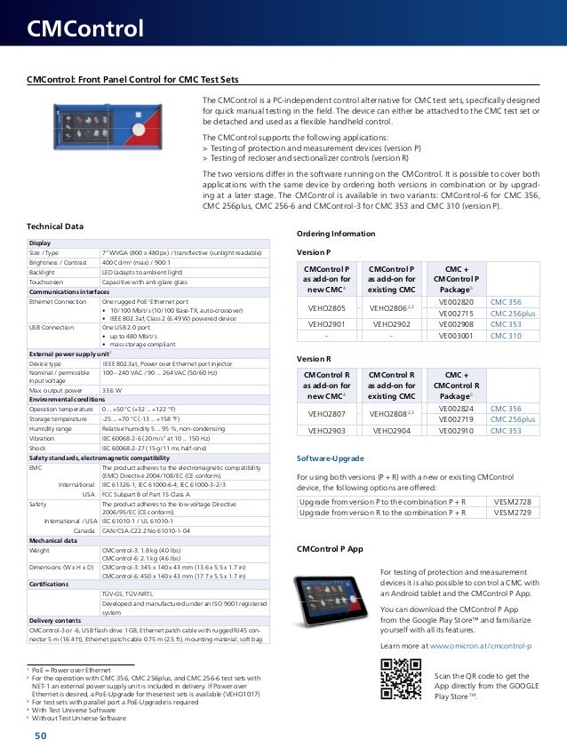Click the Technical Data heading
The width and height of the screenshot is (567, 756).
pyautogui.click(x=55, y=227)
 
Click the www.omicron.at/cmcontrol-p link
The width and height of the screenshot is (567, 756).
pyautogui.click(x=480, y=645)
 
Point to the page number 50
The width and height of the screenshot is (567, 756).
pyautogui.click(x=41, y=736)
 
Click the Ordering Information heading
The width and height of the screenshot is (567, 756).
pyautogui.click(x=334, y=234)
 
